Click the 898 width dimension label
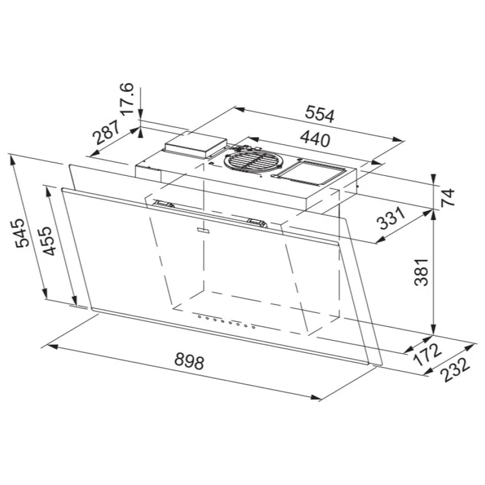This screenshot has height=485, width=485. tap(189, 361)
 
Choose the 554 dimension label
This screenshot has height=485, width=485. tap(320, 114)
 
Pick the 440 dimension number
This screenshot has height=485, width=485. tap(315, 139)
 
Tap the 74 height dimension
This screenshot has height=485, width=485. tap(447, 197)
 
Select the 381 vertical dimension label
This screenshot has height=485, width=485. tap(421, 272)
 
